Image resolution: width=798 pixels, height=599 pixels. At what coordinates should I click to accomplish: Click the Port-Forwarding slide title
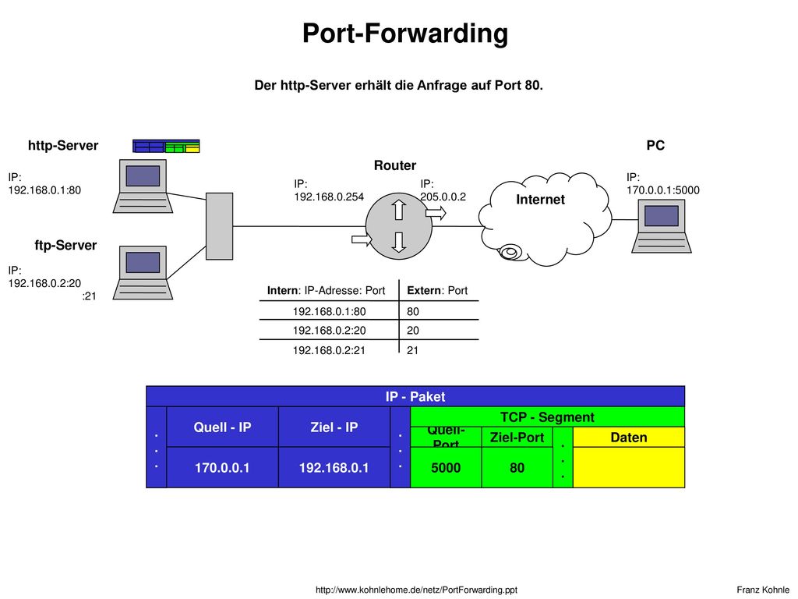pos(405,34)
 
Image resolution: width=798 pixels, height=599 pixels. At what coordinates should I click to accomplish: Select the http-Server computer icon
pos(143,186)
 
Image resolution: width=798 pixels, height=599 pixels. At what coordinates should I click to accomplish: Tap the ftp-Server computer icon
pos(143,272)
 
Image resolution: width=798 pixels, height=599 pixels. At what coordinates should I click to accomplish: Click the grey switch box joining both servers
pos(219,226)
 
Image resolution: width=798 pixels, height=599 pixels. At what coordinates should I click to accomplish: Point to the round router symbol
pos(399,225)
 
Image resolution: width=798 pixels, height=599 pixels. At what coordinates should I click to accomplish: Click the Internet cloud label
pos(541,199)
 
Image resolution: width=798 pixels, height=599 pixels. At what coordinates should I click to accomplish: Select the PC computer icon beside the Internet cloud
pos(662,225)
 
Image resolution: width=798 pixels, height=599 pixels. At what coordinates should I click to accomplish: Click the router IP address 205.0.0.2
pos(443,197)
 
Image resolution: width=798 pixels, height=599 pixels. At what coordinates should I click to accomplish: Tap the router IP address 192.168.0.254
pos(329,197)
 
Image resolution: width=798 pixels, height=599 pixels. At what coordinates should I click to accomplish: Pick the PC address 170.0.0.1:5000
pos(663,190)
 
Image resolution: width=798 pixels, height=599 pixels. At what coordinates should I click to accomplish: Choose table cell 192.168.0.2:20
pos(330,331)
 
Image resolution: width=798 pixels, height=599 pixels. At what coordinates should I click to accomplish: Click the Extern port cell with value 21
pos(413,350)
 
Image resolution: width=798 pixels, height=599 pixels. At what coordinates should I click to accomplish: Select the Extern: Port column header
pos(437,290)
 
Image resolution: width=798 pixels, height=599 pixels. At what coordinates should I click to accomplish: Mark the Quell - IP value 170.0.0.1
pos(222,468)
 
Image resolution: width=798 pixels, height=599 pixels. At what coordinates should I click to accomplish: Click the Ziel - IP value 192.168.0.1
pos(334,468)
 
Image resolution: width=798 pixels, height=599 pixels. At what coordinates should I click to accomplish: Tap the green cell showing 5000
pos(446,468)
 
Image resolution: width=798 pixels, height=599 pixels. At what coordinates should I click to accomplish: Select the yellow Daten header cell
pos(629,437)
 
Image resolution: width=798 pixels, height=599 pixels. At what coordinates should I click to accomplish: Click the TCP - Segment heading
pos(547,417)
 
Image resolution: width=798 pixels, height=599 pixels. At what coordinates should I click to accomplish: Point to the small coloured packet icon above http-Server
pos(166,146)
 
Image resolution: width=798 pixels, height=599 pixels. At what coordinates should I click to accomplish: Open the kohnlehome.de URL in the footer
pos(416,590)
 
